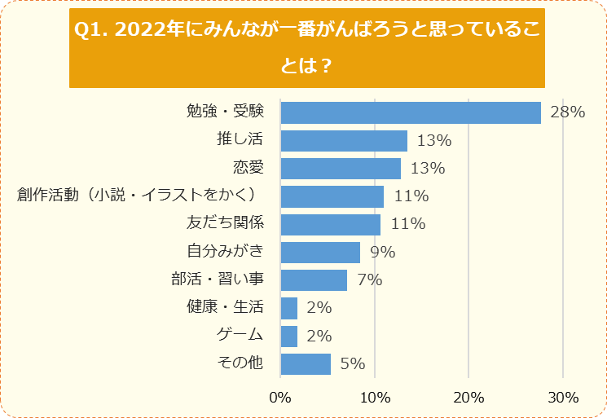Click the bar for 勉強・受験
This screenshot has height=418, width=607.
click(x=411, y=112)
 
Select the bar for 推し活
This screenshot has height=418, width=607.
click(x=344, y=141)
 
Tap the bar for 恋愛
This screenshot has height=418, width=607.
click(x=341, y=169)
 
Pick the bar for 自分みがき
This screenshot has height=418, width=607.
click(x=320, y=253)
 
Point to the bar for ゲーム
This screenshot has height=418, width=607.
click(x=289, y=336)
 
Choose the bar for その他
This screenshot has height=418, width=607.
click(x=306, y=363)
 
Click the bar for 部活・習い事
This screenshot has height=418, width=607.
click(x=314, y=280)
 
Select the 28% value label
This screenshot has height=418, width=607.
click(x=567, y=112)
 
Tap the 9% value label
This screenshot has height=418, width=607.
click(x=382, y=253)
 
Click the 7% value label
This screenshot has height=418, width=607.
click(x=369, y=280)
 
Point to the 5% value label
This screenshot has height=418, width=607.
click(x=352, y=363)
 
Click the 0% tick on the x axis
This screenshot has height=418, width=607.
click(x=280, y=398)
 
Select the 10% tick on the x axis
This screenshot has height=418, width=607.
click(x=374, y=398)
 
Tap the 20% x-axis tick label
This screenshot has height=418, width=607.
click(x=468, y=398)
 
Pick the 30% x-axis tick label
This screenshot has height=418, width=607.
click(x=563, y=398)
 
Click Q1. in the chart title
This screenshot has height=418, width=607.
click(x=90, y=30)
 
